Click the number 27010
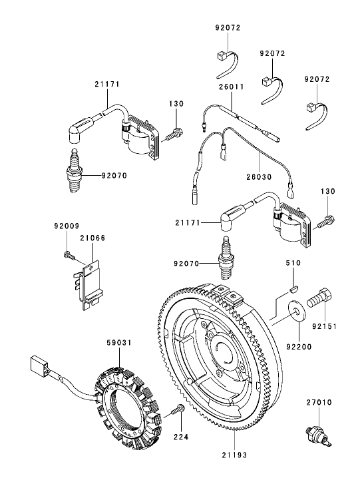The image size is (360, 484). click(318, 403)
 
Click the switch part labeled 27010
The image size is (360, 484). click(314, 432)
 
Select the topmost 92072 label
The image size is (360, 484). click(228, 28)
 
